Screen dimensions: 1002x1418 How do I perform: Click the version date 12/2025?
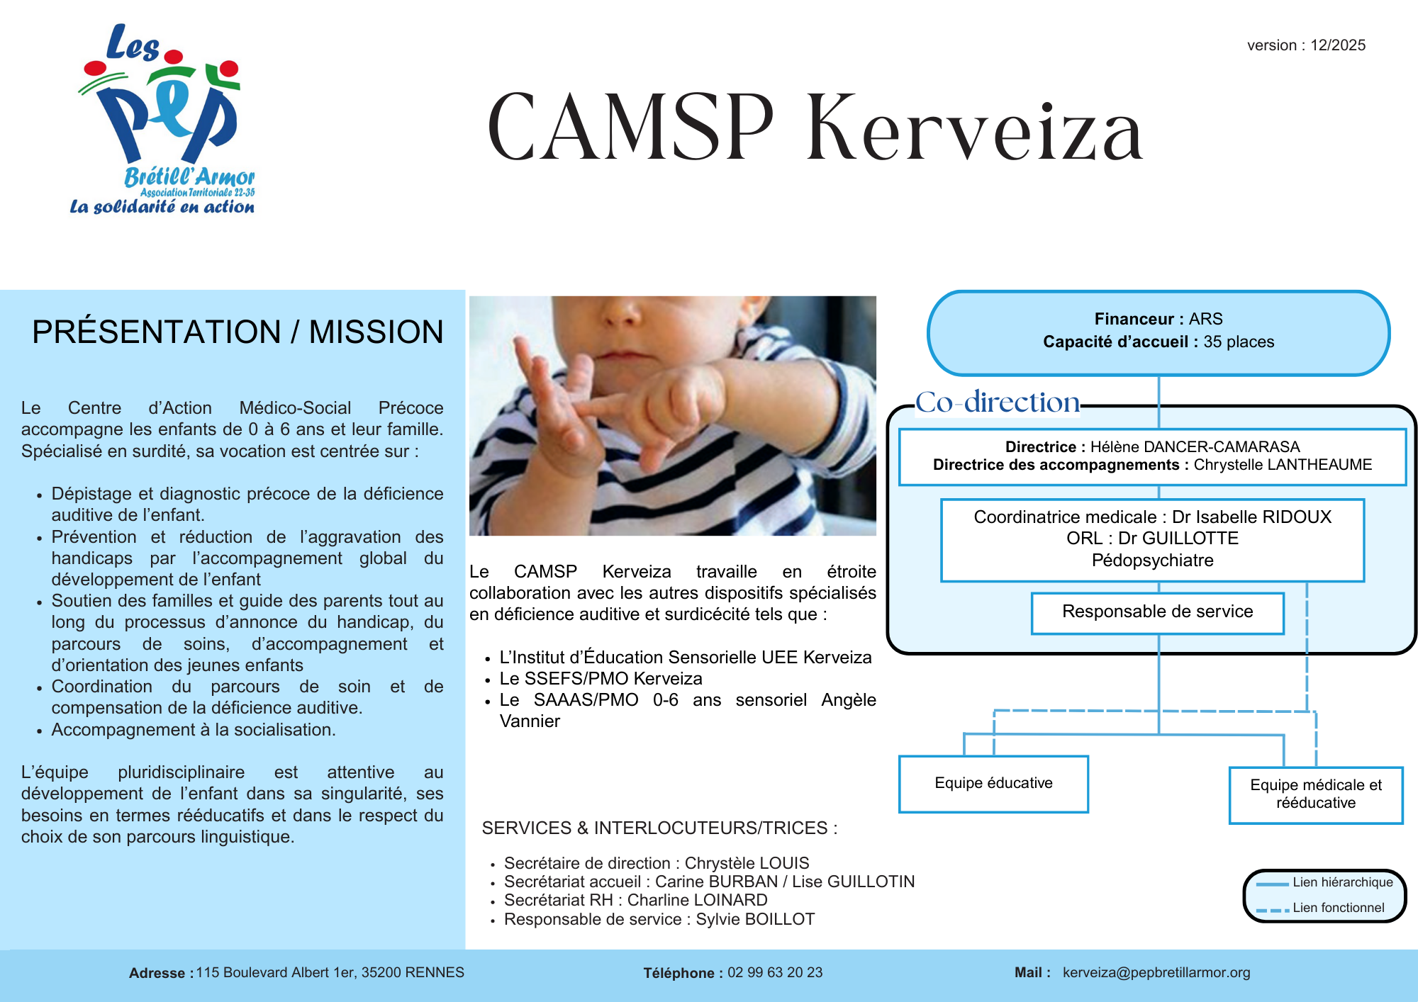[x=1337, y=45]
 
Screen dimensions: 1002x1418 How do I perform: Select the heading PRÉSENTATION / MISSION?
[x=238, y=332]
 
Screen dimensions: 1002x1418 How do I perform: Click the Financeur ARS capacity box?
[x=1158, y=332]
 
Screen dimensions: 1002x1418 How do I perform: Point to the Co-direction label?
[x=997, y=403]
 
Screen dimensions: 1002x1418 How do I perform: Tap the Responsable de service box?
[x=1157, y=612]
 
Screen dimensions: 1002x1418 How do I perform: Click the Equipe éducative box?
[x=993, y=783]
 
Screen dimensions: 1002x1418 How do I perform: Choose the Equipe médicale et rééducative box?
[x=1316, y=794]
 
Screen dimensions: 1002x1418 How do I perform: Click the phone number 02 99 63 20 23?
[x=775, y=972]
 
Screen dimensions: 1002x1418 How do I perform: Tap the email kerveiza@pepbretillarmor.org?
[x=1156, y=972]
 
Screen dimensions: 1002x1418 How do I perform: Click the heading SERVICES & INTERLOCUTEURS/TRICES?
[x=659, y=828]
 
